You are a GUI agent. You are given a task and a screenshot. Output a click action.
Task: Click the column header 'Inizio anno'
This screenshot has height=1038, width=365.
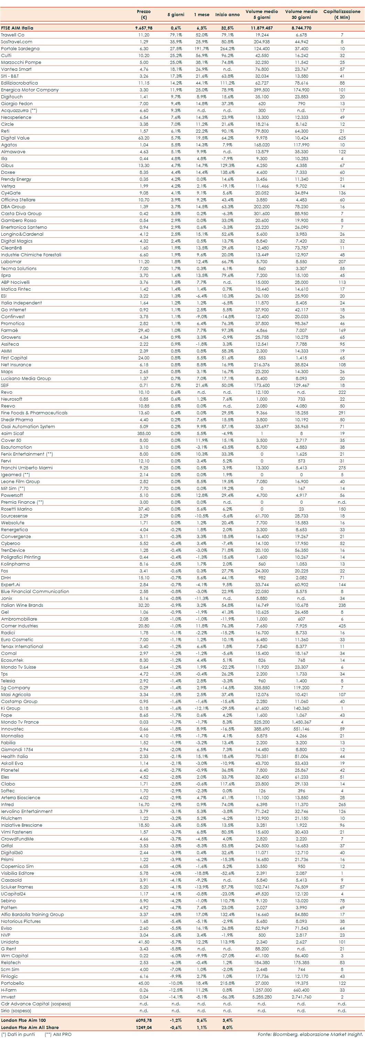coord(227,14)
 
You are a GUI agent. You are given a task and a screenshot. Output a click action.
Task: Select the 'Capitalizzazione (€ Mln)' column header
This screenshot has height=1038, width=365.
coord(342,14)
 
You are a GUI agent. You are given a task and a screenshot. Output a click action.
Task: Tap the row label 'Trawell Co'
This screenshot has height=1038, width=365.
coord(12,35)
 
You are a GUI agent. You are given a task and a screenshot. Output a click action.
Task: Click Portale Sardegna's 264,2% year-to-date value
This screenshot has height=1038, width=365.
coord(227,49)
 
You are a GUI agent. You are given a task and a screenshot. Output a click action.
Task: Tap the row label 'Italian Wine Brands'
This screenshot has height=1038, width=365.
coord(22,605)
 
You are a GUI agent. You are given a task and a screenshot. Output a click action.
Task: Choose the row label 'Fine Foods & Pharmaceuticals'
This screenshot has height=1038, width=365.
coord(34,413)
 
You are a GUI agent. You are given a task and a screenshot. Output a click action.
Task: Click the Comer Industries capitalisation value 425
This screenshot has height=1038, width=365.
coord(342,626)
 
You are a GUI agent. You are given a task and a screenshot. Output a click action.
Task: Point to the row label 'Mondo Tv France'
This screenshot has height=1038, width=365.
coord(20,722)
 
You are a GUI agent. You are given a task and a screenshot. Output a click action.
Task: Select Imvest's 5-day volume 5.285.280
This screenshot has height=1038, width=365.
coord(262,997)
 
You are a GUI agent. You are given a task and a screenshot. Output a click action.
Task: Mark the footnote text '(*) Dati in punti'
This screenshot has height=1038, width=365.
coord(18,1034)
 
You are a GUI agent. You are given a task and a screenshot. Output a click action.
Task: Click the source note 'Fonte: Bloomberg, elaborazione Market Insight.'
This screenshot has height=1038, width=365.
coord(310,1034)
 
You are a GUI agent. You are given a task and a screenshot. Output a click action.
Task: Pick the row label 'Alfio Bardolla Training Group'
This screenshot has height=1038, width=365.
coord(32,914)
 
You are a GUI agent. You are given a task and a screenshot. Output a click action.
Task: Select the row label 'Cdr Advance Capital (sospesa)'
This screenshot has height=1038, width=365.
coord(36,1004)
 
